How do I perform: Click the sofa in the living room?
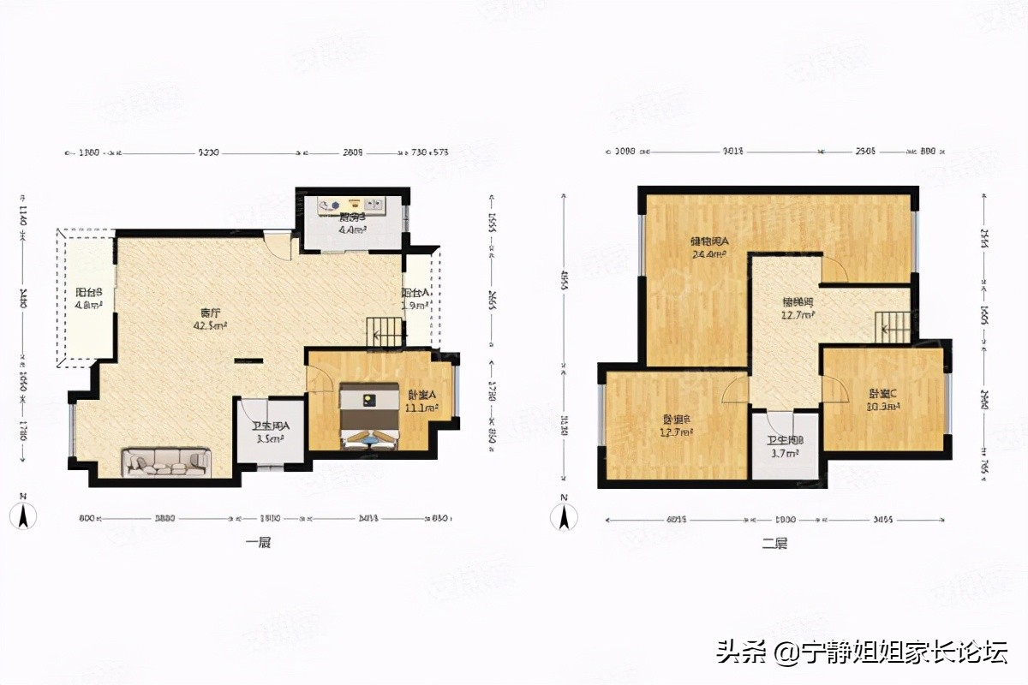pos(166,462)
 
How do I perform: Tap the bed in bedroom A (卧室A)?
pos(369,416)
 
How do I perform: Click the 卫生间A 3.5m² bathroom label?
pos(271,432)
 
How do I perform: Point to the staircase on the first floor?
pos(385,331)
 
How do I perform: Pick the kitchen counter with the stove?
pos(351,205)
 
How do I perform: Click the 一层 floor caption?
pos(257,543)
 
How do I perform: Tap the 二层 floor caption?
pos(774,543)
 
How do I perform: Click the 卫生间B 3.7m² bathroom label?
pos(785,447)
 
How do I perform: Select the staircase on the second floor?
pos(892,328)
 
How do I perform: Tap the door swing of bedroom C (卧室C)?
pos(834,390)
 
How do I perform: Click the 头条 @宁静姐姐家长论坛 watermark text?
pos(862,652)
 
